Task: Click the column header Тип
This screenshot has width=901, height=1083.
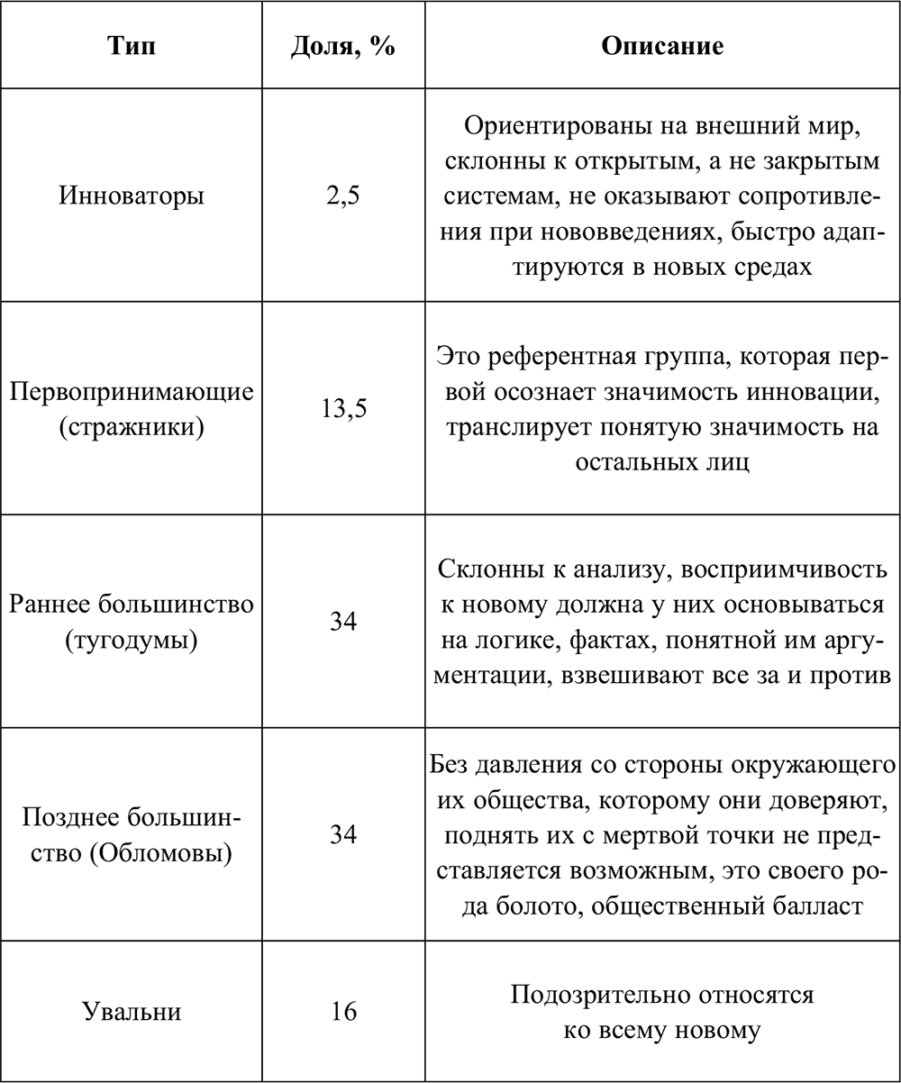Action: pyautogui.click(x=132, y=45)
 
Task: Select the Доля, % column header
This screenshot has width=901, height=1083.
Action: pyautogui.click(x=342, y=45)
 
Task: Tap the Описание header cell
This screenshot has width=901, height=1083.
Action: pyautogui.click(x=662, y=45)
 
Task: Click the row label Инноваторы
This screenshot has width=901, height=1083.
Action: pyautogui.click(x=132, y=196)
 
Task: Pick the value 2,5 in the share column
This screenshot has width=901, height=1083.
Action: pyautogui.click(x=342, y=196)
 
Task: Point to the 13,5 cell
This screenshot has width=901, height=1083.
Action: pyautogui.click(x=342, y=409)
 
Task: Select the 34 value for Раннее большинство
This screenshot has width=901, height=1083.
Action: pyautogui.click(x=342, y=622)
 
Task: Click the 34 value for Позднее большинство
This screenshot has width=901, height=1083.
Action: pyautogui.click(x=342, y=834)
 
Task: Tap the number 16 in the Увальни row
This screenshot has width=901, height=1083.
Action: pyautogui.click(x=342, y=1011)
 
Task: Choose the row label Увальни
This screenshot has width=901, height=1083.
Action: pyautogui.click(x=132, y=1011)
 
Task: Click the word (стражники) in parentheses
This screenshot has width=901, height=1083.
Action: pyautogui.click(x=132, y=425)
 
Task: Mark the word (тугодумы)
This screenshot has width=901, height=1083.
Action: pyautogui.click(x=132, y=638)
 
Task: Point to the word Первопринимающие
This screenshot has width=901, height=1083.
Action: pyautogui.click(x=132, y=393)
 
